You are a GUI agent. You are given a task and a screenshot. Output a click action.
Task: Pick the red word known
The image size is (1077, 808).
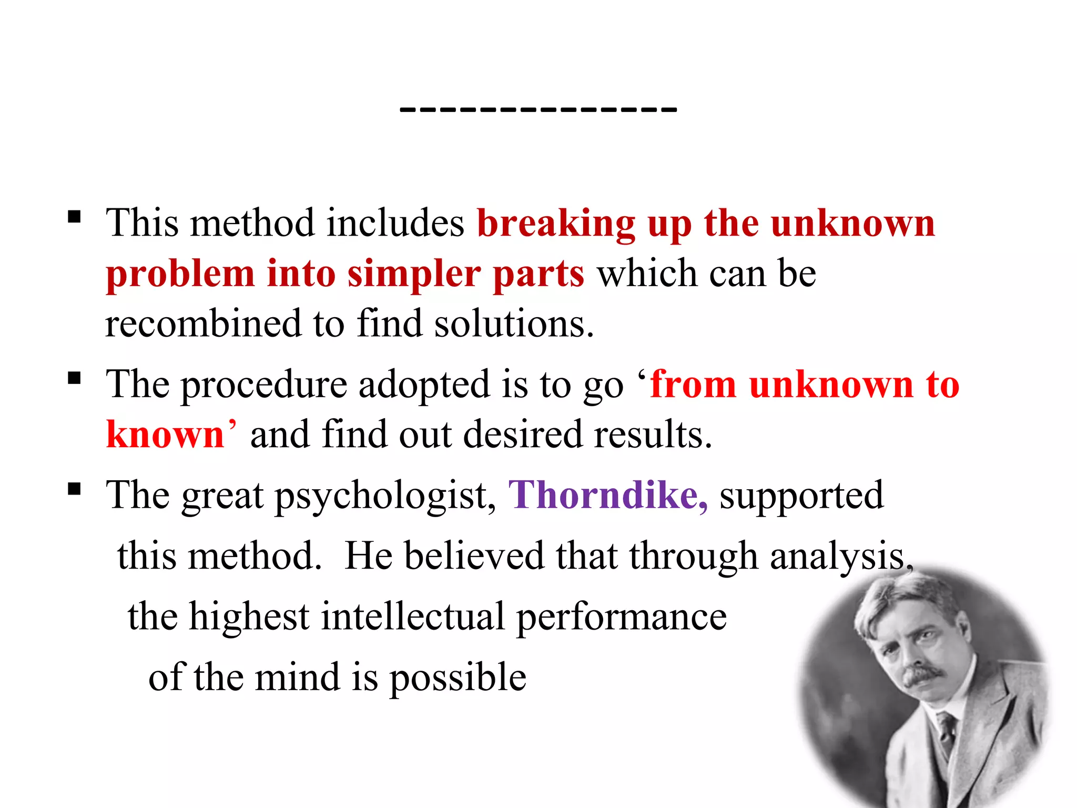click(x=165, y=435)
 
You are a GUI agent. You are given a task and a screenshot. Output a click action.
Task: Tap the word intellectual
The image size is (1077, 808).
click(x=413, y=617)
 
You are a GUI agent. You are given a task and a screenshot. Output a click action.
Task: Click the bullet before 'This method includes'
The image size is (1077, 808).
click(x=74, y=216)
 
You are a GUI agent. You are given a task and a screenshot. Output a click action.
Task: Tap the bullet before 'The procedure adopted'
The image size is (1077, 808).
click(x=74, y=378)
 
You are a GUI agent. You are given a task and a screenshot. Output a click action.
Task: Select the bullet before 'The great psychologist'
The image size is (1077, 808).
click(x=74, y=489)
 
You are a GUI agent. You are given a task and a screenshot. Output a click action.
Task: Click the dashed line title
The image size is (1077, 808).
click(x=538, y=109)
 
